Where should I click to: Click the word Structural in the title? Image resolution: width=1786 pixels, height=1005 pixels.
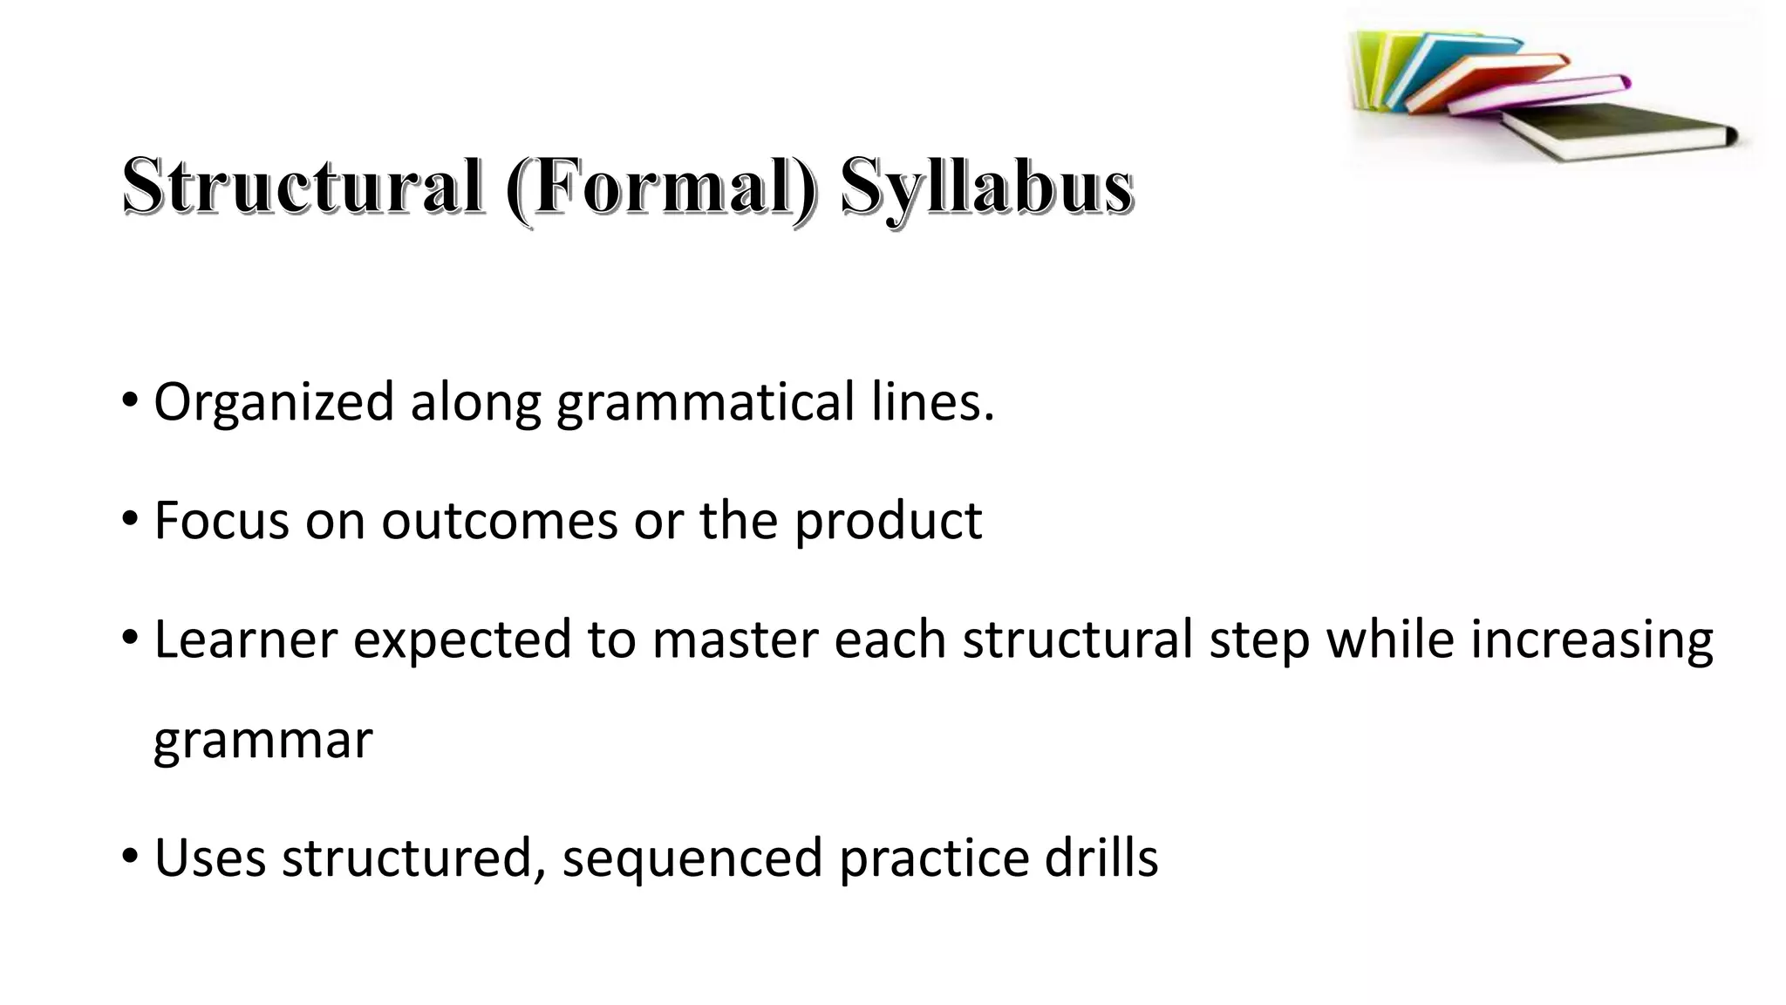tap(302, 186)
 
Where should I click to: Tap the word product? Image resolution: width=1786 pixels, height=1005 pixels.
tap(888, 523)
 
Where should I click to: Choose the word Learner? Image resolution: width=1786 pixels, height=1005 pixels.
tap(245, 639)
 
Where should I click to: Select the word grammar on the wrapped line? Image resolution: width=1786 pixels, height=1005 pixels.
tap(262, 742)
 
